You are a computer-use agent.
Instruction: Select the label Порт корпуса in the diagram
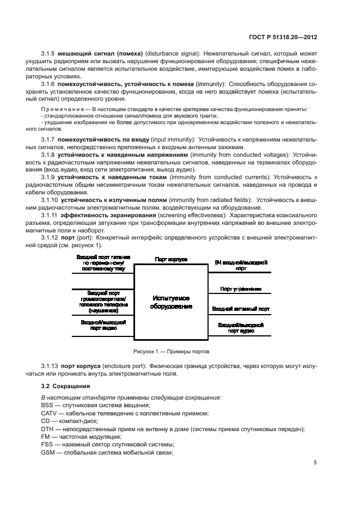[x=170, y=260]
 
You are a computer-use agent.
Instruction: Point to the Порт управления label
[x=241, y=289]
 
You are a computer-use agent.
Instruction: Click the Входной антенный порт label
[x=241, y=309]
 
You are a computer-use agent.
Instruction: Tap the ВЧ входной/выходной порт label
[x=241, y=265]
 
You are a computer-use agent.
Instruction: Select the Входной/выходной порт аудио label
[x=241, y=328]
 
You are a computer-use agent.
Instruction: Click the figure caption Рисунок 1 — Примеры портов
[x=172, y=351]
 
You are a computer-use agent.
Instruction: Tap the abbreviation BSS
[x=47, y=406]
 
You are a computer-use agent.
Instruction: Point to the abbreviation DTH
[x=47, y=429]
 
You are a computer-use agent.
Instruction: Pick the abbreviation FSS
[x=47, y=445]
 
